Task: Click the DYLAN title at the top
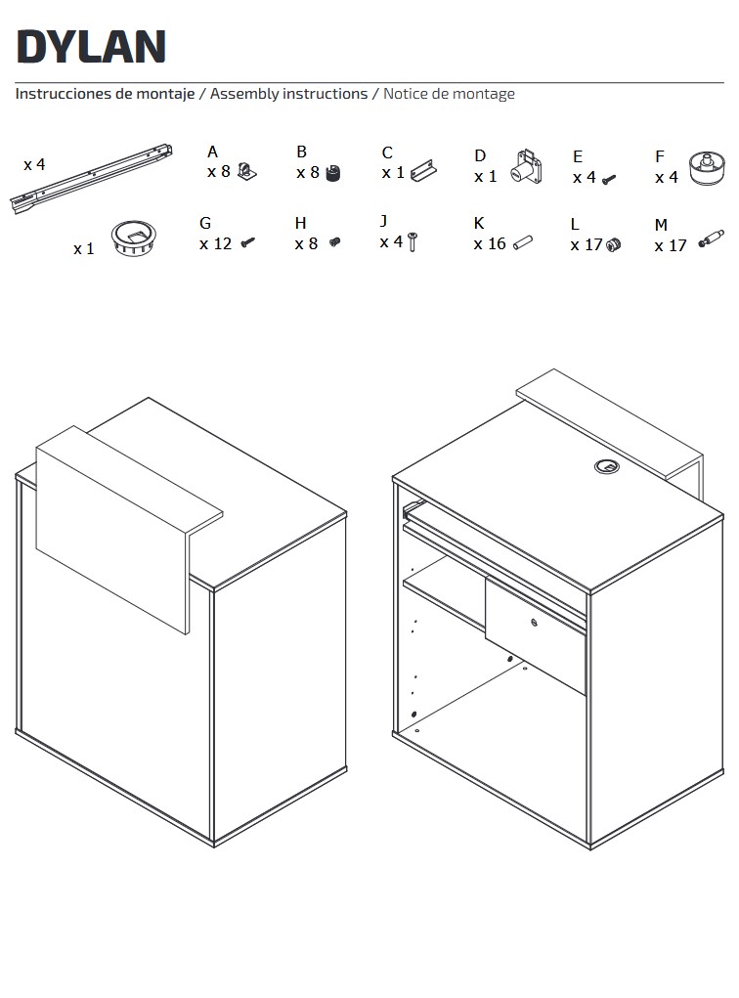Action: (91, 47)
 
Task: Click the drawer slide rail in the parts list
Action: (91, 178)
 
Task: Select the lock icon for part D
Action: (527, 166)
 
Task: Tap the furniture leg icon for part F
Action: (707, 168)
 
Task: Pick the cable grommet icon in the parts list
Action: (133, 239)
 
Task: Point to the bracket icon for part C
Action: (423, 171)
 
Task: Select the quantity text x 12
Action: (215, 243)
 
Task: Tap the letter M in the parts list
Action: (661, 225)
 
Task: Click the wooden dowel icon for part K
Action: (523, 242)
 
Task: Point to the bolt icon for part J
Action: (413, 241)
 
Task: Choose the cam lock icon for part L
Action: (614, 244)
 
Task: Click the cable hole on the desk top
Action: (607, 467)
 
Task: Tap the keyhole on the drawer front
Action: (534, 624)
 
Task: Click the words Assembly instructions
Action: (289, 94)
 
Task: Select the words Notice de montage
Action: (449, 94)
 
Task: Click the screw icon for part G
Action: (248, 242)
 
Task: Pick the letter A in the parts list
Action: (212, 152)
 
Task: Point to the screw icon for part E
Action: (609, 180)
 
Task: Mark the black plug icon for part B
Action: (333, 173)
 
